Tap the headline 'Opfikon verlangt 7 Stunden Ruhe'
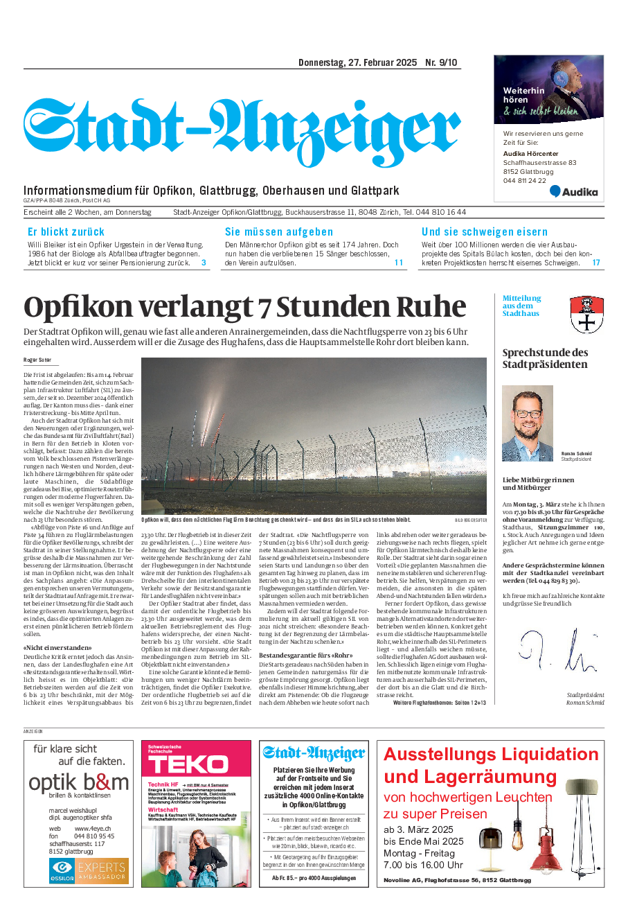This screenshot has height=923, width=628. click(x=245, y=307)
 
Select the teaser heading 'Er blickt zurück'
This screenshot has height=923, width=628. click(x=66, y=232)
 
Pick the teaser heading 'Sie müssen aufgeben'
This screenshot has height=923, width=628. click(x=279, y=232)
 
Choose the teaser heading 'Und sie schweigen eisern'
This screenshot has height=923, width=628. click(x=485, y=232)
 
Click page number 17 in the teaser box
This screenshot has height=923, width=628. click(x=596, y=263)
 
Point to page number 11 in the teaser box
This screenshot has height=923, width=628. click(x=399, y=263)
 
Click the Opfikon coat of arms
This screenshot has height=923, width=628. click(x=586, y=315)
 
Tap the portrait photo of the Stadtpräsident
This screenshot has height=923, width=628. click(x=528, y=424)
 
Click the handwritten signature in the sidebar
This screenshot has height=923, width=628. click(x=557, y=650)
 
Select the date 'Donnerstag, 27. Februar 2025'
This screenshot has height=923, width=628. click(x=357, y=63)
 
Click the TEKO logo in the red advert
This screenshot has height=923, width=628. click(x=188, y=765)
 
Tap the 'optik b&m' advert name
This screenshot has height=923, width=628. click(x=79, y=783)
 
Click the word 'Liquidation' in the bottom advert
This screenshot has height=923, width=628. click(x=539, y=754)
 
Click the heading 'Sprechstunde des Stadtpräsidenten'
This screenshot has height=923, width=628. click(x=545, y=358)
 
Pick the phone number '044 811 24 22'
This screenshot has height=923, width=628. click(x=524, y=181)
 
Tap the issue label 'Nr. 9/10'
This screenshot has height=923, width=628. click(x=441, y=63)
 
